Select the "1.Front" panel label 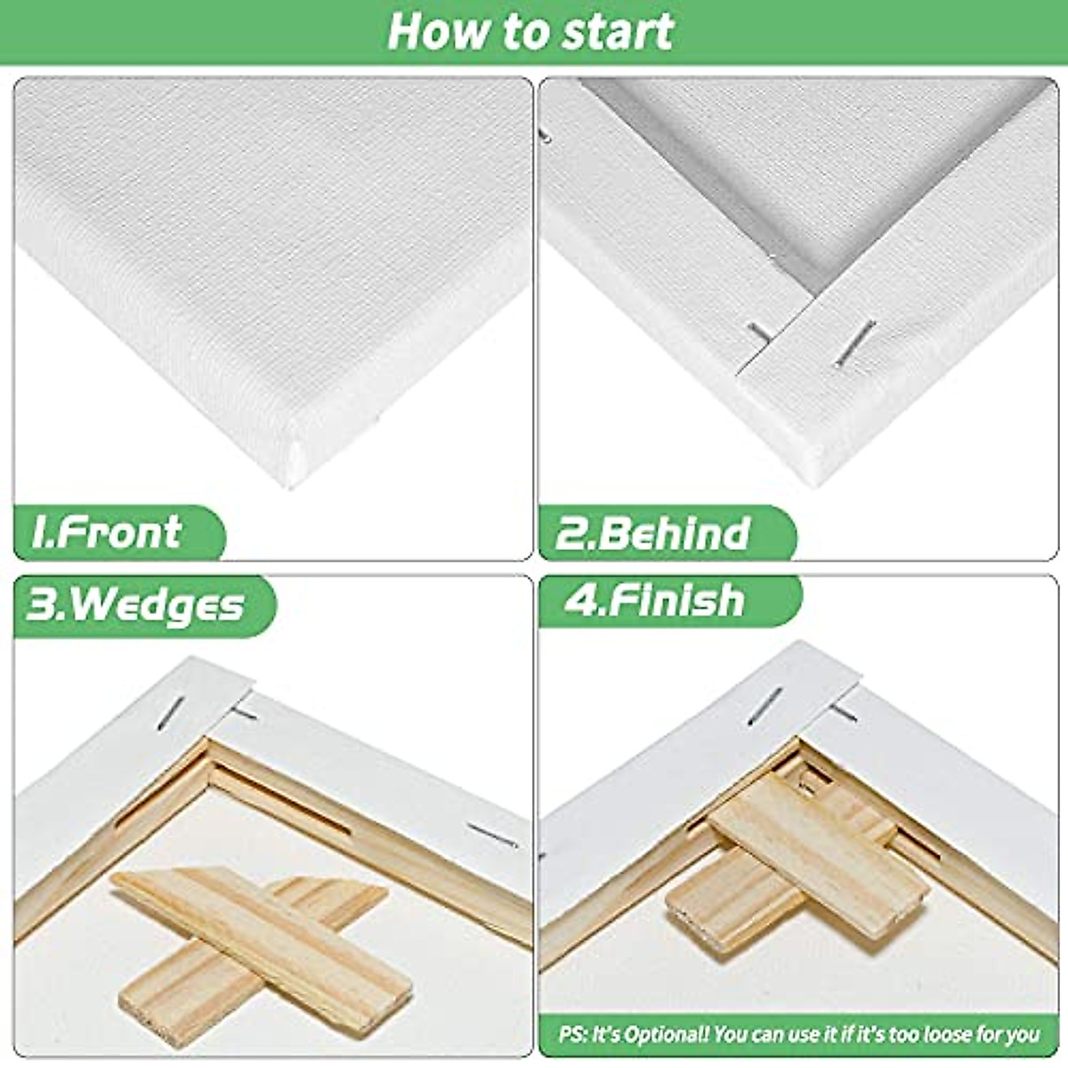[x=107, y=532]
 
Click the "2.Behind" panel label [x=652, y=533]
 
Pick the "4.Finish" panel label [x=654, y=600]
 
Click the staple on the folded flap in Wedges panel [x=171, y=712]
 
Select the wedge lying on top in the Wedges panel [x=263, y=943]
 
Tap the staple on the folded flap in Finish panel [x=765, y=705]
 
